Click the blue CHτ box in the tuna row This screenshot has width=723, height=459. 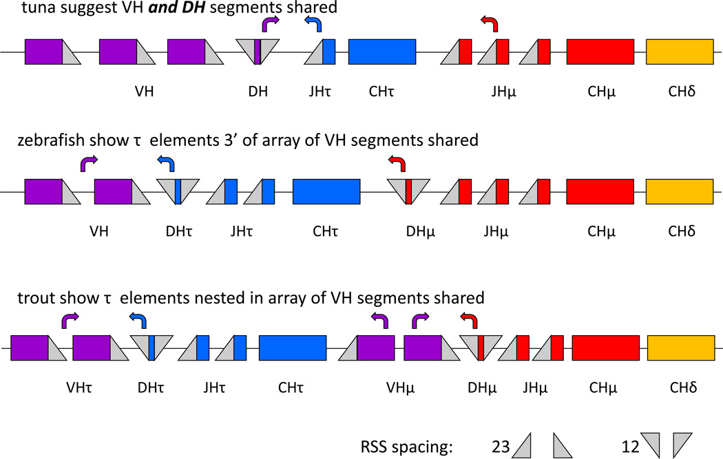(382, 52)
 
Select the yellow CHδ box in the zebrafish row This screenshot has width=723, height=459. (680, 191)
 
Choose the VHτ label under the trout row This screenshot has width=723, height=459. (70, 387)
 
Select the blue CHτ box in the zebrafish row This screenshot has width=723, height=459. (326, 191)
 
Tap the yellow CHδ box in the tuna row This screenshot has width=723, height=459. (680, 52)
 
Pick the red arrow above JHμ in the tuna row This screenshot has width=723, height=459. (489, 25)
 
